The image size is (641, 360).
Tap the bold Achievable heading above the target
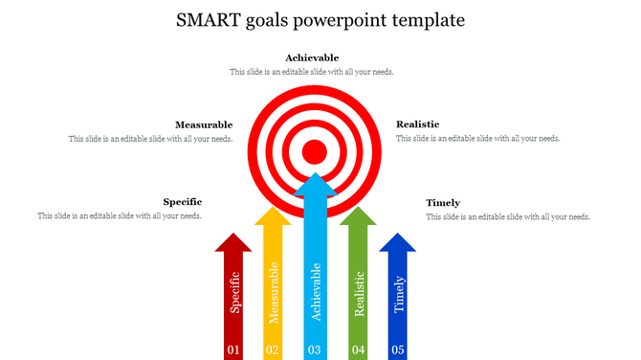click(312, 58)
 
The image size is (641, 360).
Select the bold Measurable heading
click(204, 124)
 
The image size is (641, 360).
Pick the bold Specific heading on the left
click(183, 202)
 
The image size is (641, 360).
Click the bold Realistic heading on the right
click(418, 124)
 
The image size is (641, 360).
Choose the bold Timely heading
click(443, 203)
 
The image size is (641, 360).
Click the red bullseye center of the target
click(314, 151)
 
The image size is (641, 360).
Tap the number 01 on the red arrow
click(233, 349)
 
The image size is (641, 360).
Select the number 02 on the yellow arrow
click(273, 349)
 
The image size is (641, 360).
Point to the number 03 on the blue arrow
click(314, 349)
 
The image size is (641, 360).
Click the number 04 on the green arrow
click(358, 349)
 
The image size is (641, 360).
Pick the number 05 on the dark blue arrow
click(398, 349)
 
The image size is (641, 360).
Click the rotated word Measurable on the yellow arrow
click(274, 293)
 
